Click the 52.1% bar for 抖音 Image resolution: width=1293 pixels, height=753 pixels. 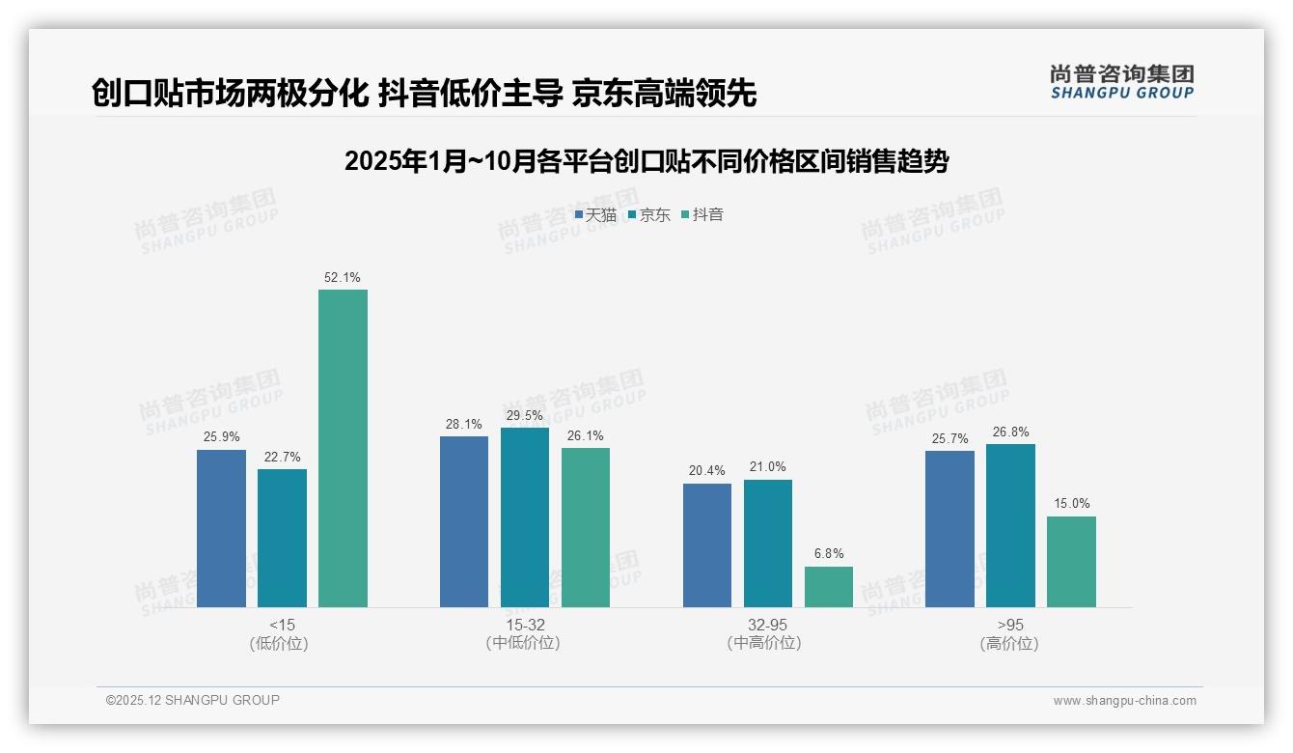pos(343,448)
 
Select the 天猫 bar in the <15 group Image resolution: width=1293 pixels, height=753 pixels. pos(221,528)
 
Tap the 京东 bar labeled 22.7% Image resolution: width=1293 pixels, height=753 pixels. pos(282,538)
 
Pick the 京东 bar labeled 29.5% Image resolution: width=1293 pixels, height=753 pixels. pos(525,517)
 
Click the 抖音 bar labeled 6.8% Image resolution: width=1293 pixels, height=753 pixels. pos(829,586)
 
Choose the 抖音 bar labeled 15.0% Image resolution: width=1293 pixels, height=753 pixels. pos(1071,561)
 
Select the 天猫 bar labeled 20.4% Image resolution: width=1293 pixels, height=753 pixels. pos(707,544)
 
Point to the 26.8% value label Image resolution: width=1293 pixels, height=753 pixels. pos(1010,432)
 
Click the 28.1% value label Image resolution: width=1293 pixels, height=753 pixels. pos(464,424)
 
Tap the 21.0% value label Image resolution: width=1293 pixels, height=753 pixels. pos(768,467)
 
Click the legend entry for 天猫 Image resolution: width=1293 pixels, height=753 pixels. pos(595,214)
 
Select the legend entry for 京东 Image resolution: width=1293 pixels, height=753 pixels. pos(649,214)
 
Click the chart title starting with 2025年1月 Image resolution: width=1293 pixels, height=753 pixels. pos(646,161)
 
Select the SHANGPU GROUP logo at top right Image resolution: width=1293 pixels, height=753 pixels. pos(1121,82)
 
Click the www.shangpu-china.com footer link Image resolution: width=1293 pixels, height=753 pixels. pos(1124,701)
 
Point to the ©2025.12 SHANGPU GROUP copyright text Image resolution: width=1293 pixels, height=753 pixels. pos(193,700)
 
